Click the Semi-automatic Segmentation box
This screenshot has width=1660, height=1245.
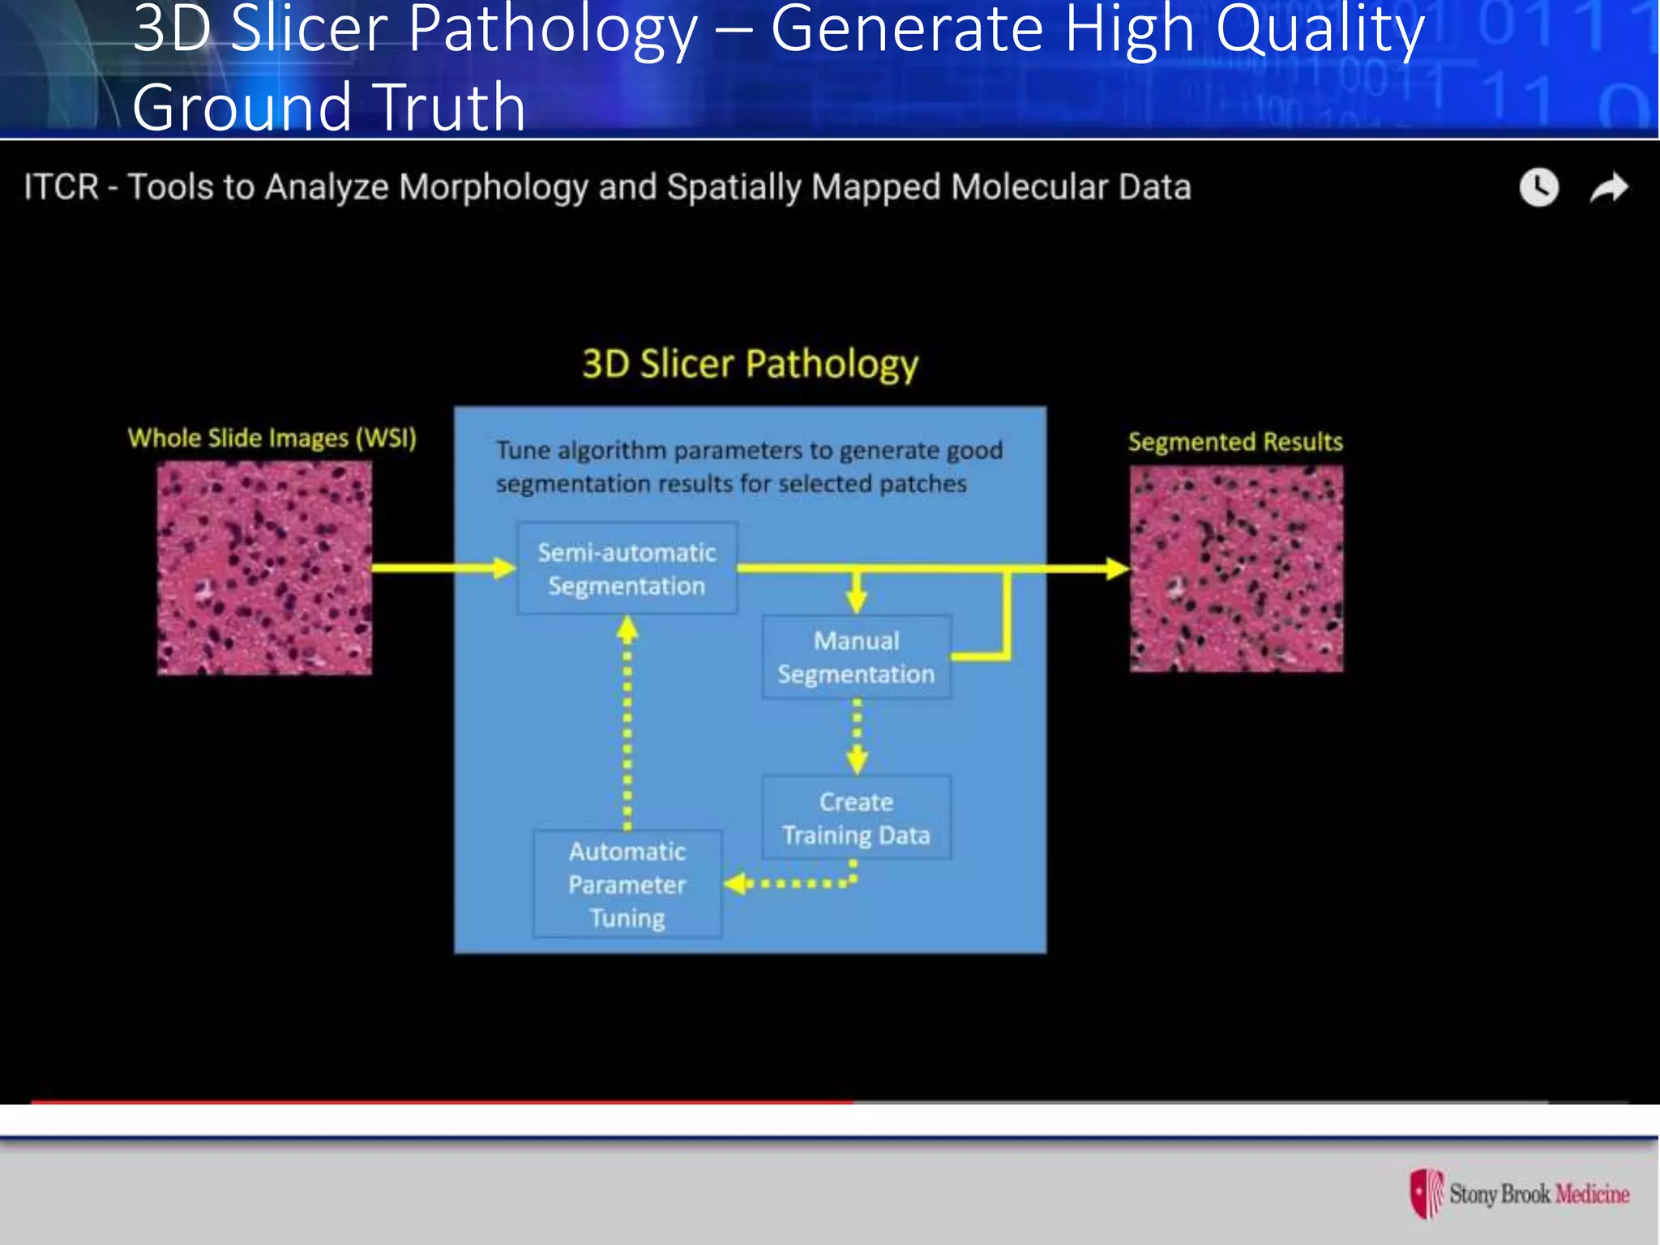tap(627, 568)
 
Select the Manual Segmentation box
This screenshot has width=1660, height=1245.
tap(856, 657)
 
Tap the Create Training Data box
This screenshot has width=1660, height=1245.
tap(856, 818)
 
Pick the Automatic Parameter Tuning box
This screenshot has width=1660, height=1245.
tap(627, 884)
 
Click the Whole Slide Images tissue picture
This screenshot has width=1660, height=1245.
tap(264, 568)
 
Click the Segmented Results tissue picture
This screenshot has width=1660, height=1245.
tap(1236, 568)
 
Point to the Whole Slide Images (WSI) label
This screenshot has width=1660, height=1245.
tap(272, 439)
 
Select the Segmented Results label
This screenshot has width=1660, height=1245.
tap(1235, 442)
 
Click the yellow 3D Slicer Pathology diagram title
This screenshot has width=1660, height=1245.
tap(750, 364)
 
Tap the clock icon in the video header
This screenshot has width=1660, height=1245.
tap(1538, 188)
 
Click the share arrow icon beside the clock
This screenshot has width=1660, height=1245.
tap(1608, 188)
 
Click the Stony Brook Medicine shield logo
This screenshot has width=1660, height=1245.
tap(1427, 1193)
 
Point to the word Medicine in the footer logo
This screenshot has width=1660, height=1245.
tap(1592, 1194)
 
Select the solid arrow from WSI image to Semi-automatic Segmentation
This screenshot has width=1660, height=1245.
tap(442, 568)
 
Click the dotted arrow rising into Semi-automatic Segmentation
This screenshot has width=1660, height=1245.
tap(627, 721)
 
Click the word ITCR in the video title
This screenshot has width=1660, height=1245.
tap(61, 187)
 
